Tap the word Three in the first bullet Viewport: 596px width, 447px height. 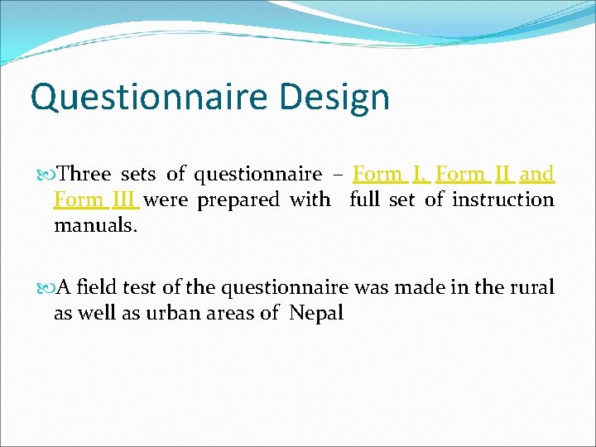point(85,174)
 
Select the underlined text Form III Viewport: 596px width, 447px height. point(95,199)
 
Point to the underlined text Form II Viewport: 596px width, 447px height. point(475,174)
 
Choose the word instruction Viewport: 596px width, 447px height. point(502,199)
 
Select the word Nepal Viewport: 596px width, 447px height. point(316,314)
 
